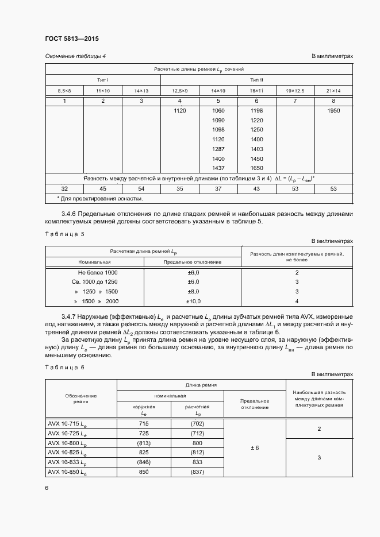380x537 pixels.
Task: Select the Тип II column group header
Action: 256,80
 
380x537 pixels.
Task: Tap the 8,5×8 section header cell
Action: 64,91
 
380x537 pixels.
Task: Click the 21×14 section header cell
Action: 333,91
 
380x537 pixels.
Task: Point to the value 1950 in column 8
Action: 333,110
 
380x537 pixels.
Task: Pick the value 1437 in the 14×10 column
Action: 218,168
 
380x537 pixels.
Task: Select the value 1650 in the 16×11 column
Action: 256,168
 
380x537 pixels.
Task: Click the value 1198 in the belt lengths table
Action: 256,110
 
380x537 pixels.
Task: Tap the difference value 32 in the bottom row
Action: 64,188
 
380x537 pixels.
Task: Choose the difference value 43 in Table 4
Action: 256,188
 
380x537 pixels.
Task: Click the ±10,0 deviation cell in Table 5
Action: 193,302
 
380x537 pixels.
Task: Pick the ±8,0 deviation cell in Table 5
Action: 193,292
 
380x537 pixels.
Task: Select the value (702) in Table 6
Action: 197,423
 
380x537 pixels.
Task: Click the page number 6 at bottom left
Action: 47,488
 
